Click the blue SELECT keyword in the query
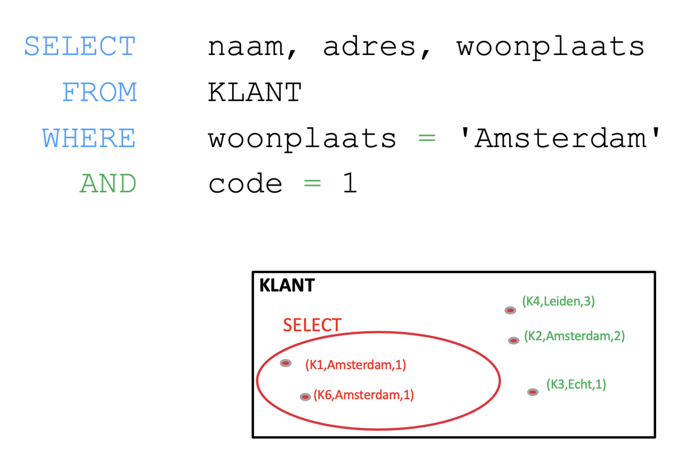80,46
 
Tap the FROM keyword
99,93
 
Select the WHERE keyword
89,138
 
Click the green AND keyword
108,184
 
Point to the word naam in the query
246,47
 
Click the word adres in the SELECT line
370,46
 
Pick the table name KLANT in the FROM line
254,93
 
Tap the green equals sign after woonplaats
427,138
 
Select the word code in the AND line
245,184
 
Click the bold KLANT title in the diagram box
287,285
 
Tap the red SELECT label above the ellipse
312,325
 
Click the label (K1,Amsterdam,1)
355,365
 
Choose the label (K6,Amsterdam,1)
364,395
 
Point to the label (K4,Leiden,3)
558,301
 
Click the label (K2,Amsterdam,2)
574,336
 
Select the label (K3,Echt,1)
576,385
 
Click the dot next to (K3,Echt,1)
533,392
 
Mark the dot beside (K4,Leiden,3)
510,310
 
